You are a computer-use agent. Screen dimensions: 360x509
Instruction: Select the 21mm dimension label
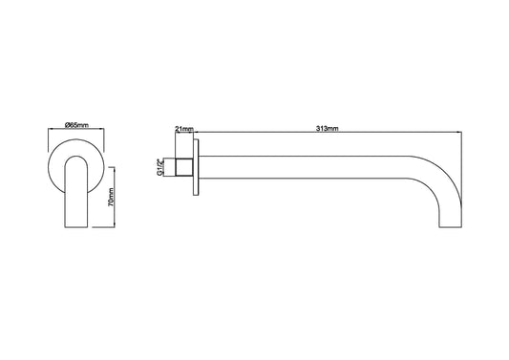(x=184, y=127)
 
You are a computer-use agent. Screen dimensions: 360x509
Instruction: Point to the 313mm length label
(x=327, y=127)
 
